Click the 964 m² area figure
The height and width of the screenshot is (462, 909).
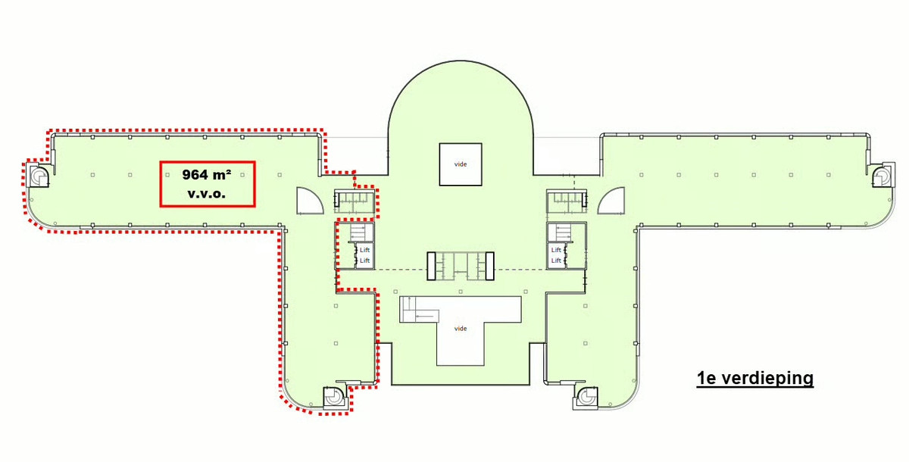[x=207, y=175]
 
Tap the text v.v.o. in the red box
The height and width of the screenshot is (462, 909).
[x=207, y=193]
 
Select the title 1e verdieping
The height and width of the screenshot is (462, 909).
[x=754, y=378]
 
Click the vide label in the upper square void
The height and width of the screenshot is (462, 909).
[x=461, y=164]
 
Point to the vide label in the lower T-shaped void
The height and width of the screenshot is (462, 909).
[x=461, y=329]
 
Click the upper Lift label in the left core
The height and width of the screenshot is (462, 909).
[x=364, y=250]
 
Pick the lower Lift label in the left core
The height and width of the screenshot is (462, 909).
[x=364, y=261]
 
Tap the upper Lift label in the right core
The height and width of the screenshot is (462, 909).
[x=556, y=250]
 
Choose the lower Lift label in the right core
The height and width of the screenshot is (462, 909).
[x=556, y=261]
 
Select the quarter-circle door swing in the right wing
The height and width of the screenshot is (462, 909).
[x=611, y=201]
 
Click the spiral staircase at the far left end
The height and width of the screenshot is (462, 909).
[x=39, y=175]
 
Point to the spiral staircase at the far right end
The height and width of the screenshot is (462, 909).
[x=882, y=175]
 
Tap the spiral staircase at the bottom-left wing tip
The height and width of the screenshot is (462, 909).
[x=335, y=397]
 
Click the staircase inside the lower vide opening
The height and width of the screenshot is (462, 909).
[x=419, y=310]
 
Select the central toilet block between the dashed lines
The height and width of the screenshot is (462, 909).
[x=461, y=266]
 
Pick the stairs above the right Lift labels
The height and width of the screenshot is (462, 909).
[x=562, y=233]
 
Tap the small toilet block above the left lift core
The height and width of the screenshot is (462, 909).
[x=354, y=201]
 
